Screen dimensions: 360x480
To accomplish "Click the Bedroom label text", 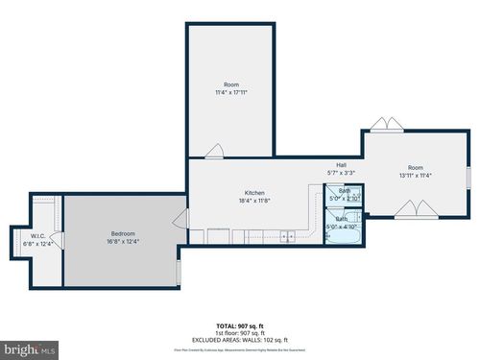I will pyautogui.click(x=122, y=234).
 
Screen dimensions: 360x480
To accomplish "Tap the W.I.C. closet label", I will pyautogui.click(x=38, y=235).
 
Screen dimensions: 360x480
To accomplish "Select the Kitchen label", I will pyautogui.click(x=254, y=193).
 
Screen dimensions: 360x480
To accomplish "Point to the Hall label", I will pyautogui.click(x=341, y=165).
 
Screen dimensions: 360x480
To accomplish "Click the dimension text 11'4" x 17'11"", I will pyautogui.click(x=232, y=92).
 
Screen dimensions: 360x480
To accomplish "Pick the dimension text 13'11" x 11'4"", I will pyautogui.click(x=415, y=176).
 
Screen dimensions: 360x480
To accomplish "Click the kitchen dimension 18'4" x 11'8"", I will pyautogui.click(x=254, y=201).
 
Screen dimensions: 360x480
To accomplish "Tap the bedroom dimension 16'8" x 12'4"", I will pyautogui.click(x=122, y=242).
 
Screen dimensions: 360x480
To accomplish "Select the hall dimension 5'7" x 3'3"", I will pyautogui.click(x=341, y=173).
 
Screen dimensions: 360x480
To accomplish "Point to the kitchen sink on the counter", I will pyautogui.click(x=285, y=235).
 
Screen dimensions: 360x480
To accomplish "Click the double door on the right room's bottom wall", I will pyautogui.click(x=415, y=208).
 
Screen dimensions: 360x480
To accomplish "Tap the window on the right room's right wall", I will pyautogui.click(x=469, y=179).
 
